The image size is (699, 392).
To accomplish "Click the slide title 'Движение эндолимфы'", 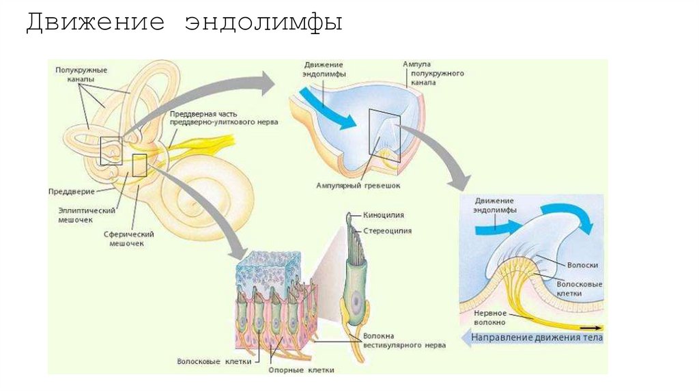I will pos(184,23).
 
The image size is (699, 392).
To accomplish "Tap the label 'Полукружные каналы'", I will pos(81,74).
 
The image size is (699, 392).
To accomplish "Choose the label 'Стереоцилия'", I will pos(387,231).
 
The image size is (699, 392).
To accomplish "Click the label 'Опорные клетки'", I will pos(307,369).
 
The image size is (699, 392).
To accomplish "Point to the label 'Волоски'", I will pos(576,264).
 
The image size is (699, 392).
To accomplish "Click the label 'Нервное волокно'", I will pos(489,318).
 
